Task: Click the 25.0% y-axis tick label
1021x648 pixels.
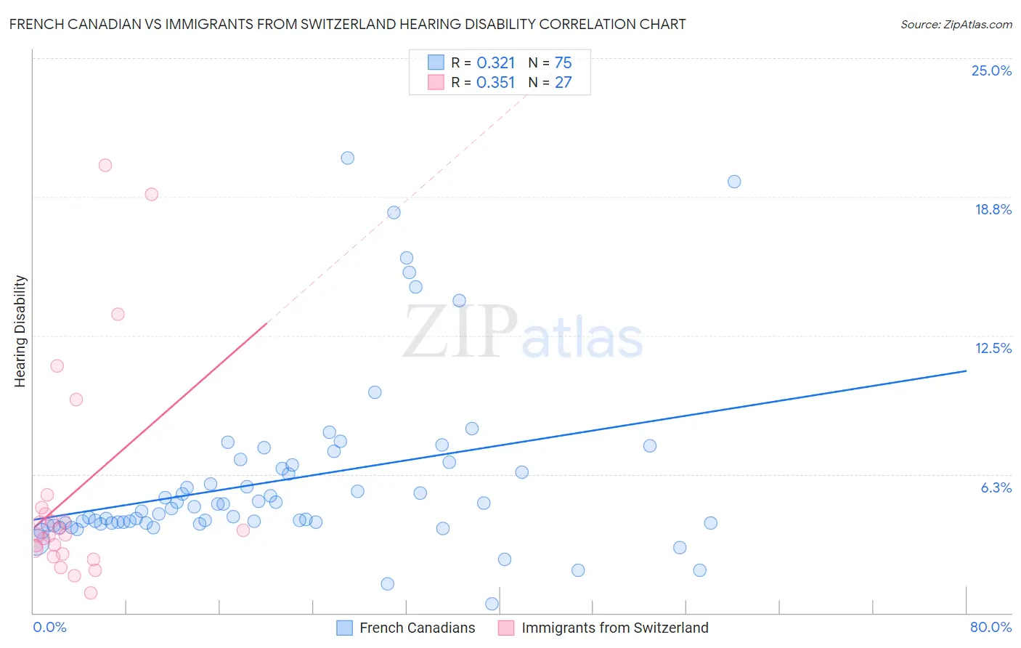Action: [991, 70]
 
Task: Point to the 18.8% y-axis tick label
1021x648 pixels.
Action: [993, 209]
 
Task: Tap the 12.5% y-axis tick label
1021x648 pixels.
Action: [993, 348]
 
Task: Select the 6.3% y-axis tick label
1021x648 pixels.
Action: [996, 487]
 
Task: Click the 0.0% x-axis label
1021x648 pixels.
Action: [49, 627]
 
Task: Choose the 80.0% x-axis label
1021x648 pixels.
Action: [991, 627]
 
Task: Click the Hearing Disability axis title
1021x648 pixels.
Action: [20, 331]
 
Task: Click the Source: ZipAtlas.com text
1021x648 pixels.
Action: [956, 24]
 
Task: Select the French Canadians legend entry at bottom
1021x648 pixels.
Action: [417, 628]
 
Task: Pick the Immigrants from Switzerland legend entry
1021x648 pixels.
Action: [614, 628]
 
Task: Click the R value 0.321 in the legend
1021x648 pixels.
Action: [496, 63]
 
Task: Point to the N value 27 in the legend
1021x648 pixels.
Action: [564, 82]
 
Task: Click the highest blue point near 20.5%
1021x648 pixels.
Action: [348, 158]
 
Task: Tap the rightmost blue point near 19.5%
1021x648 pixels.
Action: [734, 182]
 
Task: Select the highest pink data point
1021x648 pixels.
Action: [105, 165]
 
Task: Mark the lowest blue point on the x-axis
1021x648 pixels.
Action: [492, 604]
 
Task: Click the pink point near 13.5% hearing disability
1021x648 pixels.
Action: [118, 314]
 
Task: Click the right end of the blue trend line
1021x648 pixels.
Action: [966, 370]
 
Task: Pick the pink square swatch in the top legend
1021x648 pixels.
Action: [436, 82]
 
